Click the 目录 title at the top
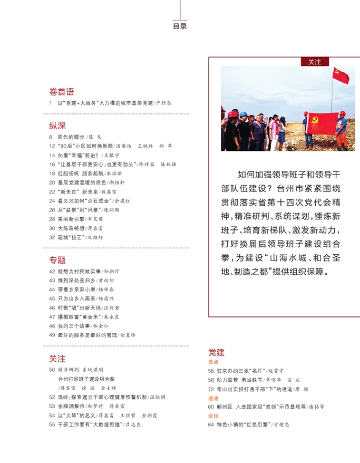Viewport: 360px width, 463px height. [180, 26]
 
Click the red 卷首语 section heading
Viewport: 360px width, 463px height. [62, 92]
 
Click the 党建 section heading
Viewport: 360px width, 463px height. [216, 352]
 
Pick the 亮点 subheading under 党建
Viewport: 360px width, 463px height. [213, 362]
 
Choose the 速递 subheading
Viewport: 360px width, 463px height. [213, 398]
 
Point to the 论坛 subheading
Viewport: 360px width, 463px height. [213, 416]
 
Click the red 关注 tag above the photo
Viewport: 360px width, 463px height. [314, 62]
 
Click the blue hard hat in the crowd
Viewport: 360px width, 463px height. [243, 113]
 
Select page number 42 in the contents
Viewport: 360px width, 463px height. [52, 271]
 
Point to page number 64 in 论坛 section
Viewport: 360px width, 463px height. [211, 425]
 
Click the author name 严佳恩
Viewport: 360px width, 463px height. [163, 103]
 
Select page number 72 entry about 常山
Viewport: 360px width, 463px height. [211, 389]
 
